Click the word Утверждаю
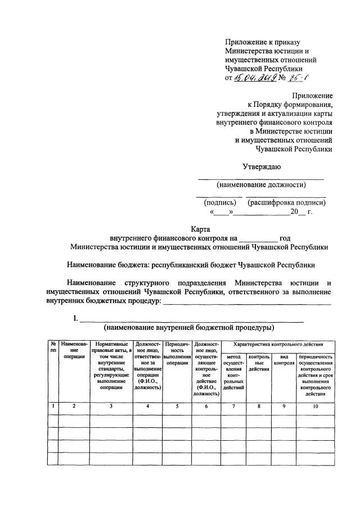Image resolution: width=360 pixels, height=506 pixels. pos(262,166)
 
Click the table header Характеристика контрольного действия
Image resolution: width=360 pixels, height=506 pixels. pos(278,344)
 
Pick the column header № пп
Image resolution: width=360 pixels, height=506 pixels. pos(53,347)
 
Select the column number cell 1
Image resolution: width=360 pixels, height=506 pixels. pos(53,406)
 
